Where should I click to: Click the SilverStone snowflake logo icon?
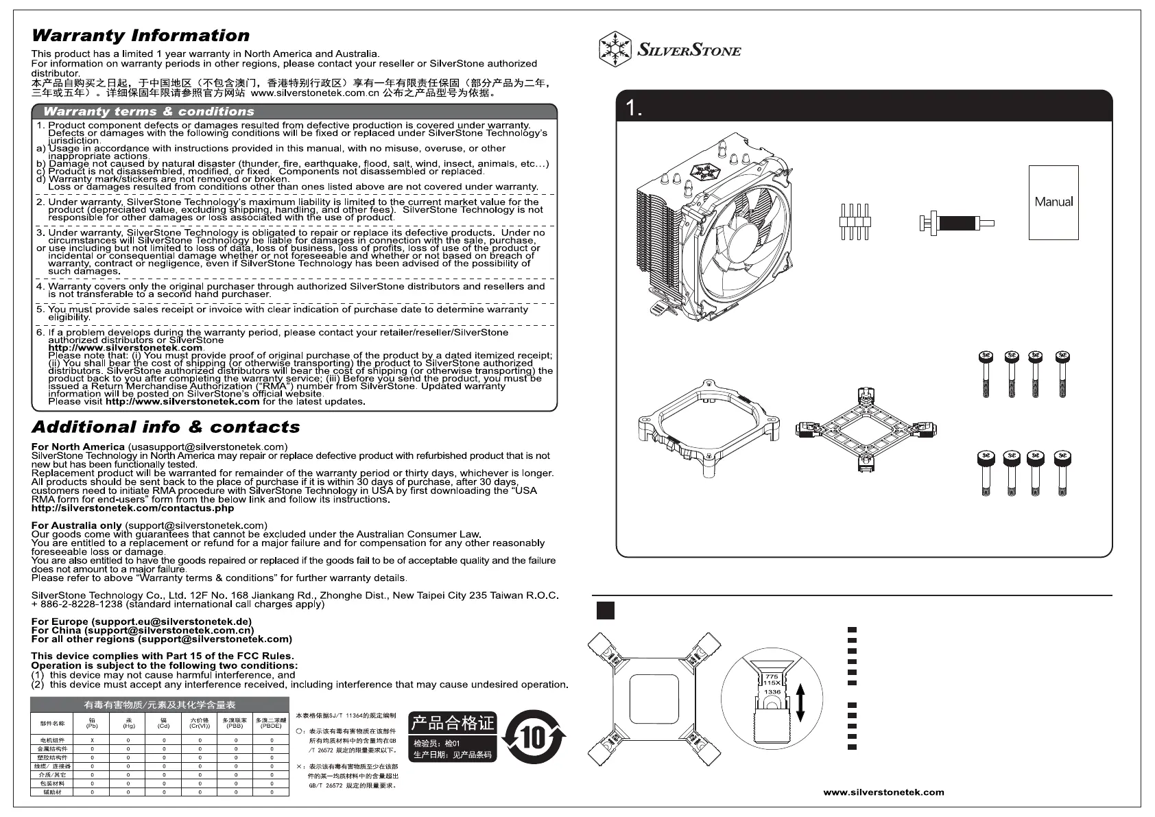[x=615, y=49]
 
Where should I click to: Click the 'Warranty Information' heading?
[x=141, y=36]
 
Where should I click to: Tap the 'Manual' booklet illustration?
[x=1053, y=202]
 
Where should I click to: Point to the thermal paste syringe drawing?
[x=956, y=223]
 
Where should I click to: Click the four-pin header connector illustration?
[x=854, y=222]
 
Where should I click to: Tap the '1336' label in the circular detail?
[x=772, y=692]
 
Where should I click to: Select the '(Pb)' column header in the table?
[x=92, y=725]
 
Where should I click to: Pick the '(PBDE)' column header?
[x=271, y=725]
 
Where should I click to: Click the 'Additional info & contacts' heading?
[x=166, y=427]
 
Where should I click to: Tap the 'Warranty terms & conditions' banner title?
[x=149, y=111]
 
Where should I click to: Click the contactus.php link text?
[x=132, y=508]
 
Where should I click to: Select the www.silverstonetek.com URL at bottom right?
[x=883, y=792]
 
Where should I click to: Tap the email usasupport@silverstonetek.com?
[x=208, y=447]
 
